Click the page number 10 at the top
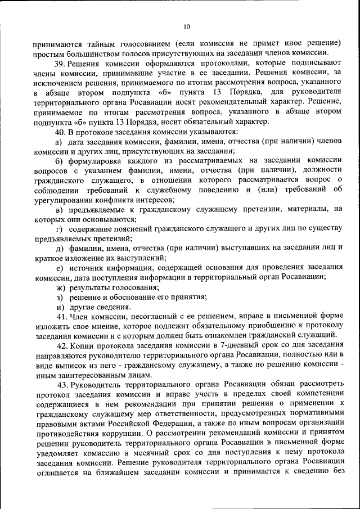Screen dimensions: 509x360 coord(187,26)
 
